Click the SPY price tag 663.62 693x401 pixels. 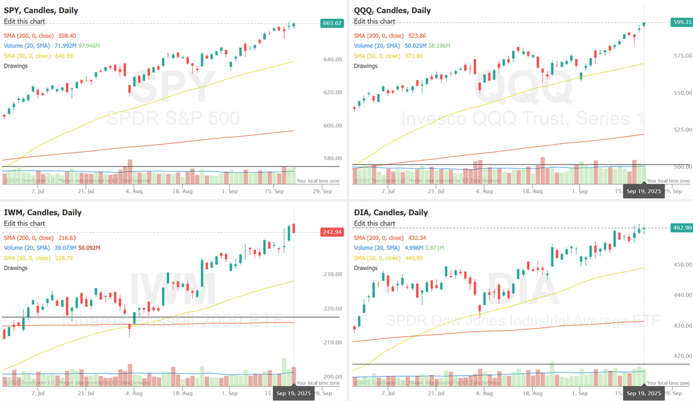tap(331, 23)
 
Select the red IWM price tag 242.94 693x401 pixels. tap(331, 232)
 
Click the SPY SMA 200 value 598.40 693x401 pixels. tap(67, 36)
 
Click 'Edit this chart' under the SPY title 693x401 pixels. tap(24, 21)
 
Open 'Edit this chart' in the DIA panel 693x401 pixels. tap(374, 223)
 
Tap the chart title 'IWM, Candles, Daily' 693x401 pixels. tap(42, 212)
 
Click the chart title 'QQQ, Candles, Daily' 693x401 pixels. tap(392, 10)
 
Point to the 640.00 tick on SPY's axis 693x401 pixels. tap(332, 60)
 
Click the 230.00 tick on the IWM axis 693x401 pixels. tap(332, 274)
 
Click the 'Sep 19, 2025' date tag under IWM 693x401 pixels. tap(294, 394)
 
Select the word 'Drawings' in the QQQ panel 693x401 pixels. tap(366, 66)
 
